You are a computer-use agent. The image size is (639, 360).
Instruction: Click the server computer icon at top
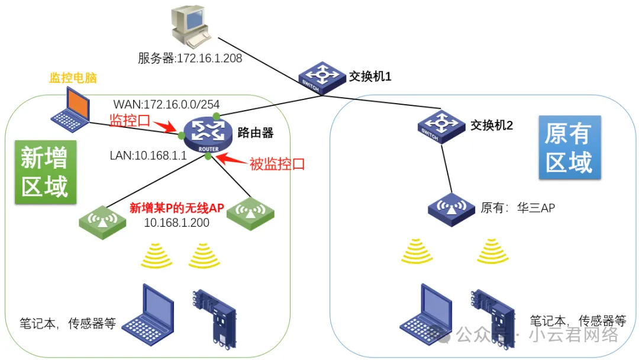coord(189,27)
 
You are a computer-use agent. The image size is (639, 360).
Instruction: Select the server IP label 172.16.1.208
coord(190,58)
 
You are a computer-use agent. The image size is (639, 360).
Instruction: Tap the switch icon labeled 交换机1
coord(317,77)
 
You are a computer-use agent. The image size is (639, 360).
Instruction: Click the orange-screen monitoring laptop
coord(70,109)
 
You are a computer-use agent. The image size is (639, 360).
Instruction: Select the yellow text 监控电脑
coord(73,78)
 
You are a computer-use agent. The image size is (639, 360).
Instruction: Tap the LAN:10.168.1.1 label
coord(148,156)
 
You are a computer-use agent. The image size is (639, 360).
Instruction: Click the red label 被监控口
coord(277,164)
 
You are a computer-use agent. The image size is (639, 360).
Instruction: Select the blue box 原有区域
coord(569,148)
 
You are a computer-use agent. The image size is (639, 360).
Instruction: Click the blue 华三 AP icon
coord(450,208)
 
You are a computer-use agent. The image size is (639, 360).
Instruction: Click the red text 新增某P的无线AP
coord(176,208)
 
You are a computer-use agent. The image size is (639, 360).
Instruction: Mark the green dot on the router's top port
coord(217,115)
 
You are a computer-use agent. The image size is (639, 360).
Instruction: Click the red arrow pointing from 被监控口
coord(230,157)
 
